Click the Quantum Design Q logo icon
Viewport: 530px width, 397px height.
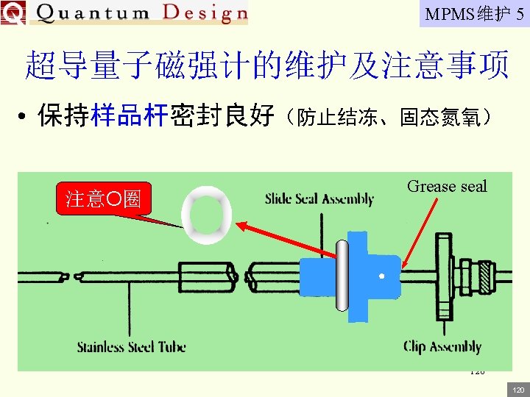click(13, 12)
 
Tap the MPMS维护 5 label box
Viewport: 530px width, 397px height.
click(474, 13)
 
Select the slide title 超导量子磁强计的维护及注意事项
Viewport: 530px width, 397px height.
click(267, 65)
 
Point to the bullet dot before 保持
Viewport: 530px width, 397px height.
click(24, 118)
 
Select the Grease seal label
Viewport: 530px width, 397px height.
click(447, 187)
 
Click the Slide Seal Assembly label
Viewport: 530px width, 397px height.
click(319, 198)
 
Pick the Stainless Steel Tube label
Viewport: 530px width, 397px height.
click(131, 346)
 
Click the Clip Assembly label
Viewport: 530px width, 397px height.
click(442, 346)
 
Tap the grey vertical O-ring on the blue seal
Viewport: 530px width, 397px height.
click(341, 276)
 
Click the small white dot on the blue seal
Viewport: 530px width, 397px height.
click(381, 277)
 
